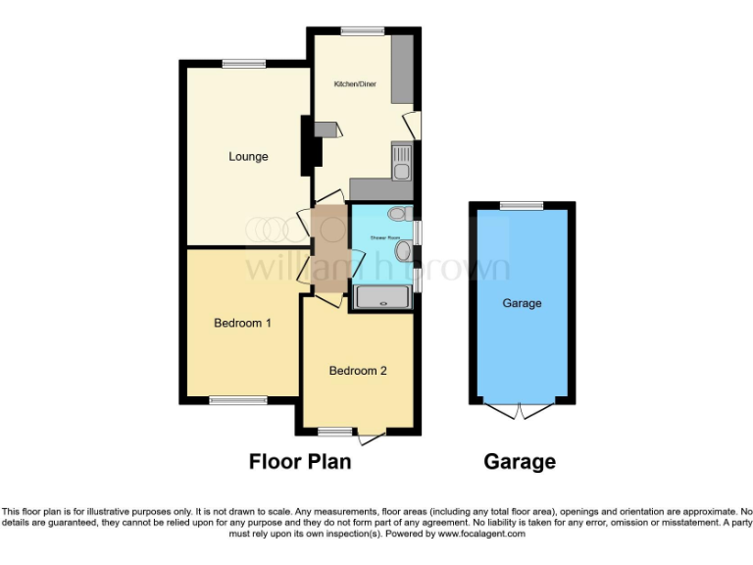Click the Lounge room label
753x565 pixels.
[248, 157]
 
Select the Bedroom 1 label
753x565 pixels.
[242, 323]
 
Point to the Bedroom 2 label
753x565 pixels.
[358, 371]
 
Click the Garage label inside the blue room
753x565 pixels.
[522, 304]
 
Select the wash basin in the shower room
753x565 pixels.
[402, 253]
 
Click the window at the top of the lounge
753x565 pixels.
[243, 64]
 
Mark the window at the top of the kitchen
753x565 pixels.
[363, 31]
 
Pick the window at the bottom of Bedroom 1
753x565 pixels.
[238, 400]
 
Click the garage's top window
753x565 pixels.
[522, 205]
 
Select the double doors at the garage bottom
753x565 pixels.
[522, 410]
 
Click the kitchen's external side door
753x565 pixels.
[414, 125]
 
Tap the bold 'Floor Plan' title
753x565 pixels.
[300, 461]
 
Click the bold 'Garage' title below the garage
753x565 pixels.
[520, 461]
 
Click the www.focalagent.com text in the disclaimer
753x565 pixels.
[481, 535]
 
